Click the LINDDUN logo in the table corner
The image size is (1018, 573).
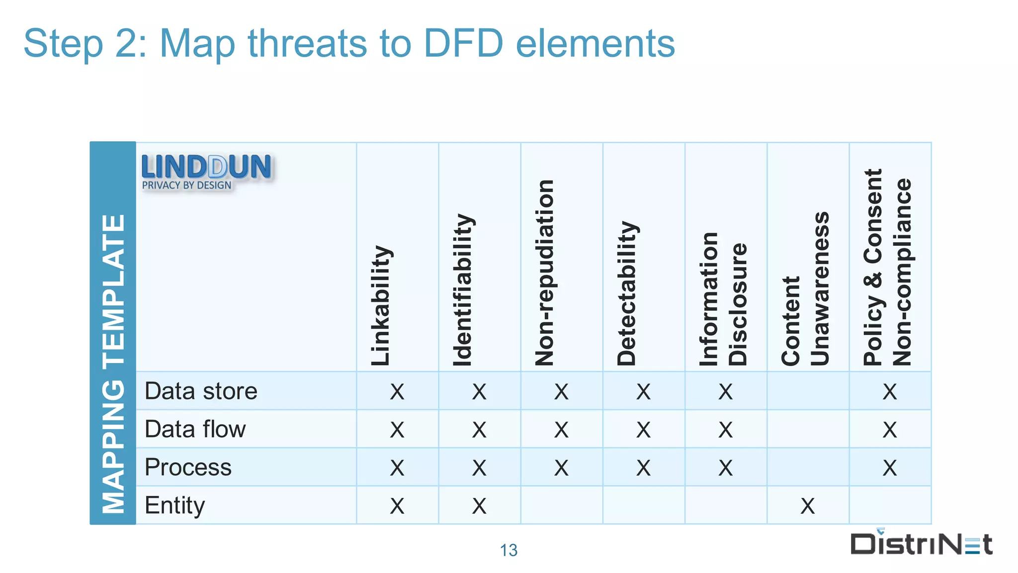click(x=206, y=172)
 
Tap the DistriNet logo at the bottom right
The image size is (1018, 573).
click(x=921, y=544)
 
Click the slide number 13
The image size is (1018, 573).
click(x=509, y=550)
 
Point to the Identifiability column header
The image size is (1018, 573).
click(x=463, y=290)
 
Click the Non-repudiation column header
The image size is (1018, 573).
click(x=545, y=273)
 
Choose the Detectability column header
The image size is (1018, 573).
click(x=627, y=293)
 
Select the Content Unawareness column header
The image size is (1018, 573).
click(x=806, y=289)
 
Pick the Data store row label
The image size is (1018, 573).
click(x=201, y=391)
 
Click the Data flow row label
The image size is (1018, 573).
click(x=195, y=429)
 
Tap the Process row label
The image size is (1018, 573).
click(x=188, y=467)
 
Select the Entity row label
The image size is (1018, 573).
click(x=174, y=505)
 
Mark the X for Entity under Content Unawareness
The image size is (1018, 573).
click(x=808, y=506)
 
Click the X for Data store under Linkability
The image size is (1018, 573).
click(x=397, y=391)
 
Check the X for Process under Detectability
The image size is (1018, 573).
click(x=643, y=468)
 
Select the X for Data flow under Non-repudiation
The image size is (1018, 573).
click(x=561, y=430)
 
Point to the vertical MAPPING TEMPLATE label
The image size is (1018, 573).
click(x=113, y=364)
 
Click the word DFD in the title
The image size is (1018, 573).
click(x=463, y=43)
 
